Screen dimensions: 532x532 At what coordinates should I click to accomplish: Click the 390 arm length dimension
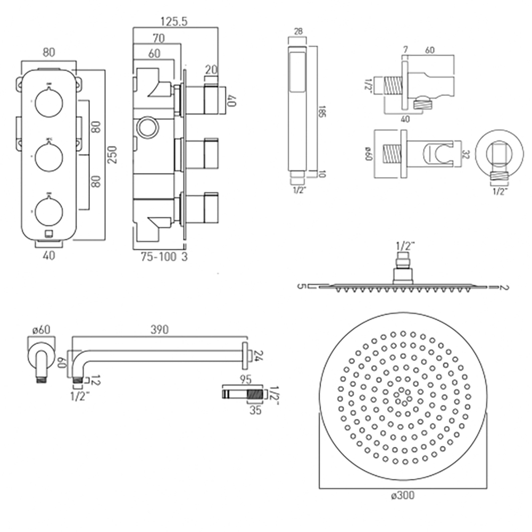(x=157, y=330)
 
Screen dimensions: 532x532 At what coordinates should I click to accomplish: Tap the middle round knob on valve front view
(x=48, y=155)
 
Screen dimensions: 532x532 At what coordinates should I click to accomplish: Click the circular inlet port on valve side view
(x=147, y=128)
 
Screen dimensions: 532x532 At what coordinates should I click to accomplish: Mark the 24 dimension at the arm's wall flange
(x=259, y=356)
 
